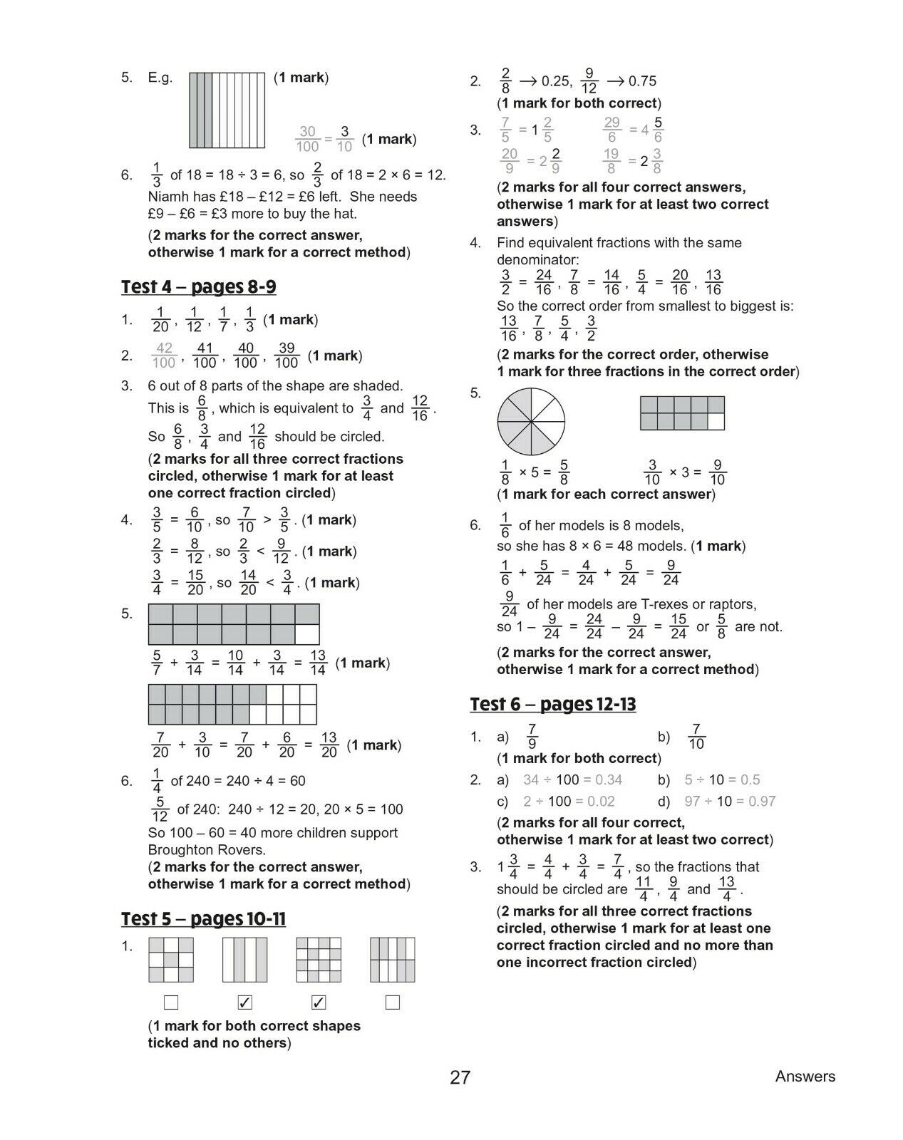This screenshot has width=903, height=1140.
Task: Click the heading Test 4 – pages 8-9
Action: point(199,287)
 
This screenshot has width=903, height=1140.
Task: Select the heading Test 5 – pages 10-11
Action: point(203,919)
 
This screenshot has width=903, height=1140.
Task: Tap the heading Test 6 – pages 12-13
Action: point(552,705)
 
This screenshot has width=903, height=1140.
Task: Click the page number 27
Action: point(460,1077)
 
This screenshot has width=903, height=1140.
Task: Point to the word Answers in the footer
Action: point(805,1077)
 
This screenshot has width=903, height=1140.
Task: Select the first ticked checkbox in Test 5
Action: point(244,1002)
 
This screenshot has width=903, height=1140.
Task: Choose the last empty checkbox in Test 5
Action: point(392,1002)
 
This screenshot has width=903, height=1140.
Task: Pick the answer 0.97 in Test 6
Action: point(762,802)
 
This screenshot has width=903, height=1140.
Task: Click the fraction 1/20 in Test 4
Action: point(160,320)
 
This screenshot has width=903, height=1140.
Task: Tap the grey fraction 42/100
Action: point(164,356)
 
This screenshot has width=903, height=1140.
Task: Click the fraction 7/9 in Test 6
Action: point(532,737)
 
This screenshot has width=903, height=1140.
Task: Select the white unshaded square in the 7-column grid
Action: point(307,634)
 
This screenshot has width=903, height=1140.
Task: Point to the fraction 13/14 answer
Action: point(318,663)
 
